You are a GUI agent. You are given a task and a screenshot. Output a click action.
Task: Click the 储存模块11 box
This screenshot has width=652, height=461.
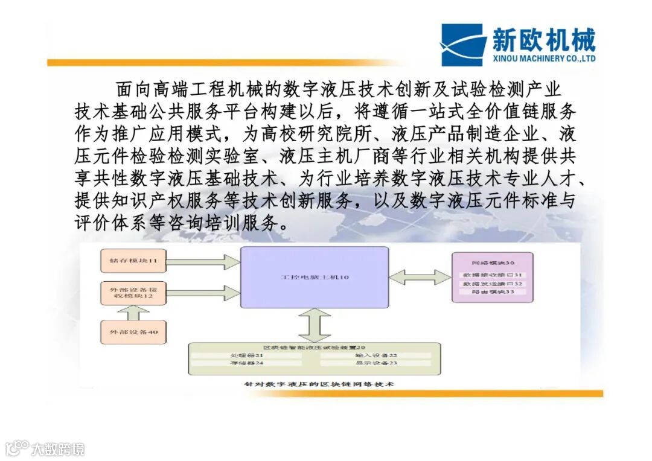(x=133, y=261)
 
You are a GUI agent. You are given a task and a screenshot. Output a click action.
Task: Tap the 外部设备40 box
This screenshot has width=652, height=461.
(x=133, y=332)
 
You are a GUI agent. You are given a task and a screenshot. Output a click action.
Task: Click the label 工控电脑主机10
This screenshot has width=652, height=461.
(x=315, y=277)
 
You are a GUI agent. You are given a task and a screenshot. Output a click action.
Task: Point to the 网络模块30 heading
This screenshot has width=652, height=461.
(x=493, y=263)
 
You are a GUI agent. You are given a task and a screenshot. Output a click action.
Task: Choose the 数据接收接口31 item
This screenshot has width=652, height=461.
(x=493, y=275)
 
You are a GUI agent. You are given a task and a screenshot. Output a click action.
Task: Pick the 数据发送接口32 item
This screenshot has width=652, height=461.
(x=493, y=284)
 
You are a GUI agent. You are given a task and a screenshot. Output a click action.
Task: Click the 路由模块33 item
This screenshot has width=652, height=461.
(x=493, y=292)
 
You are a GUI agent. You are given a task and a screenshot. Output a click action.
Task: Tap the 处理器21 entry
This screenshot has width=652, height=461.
(x=247, y=355)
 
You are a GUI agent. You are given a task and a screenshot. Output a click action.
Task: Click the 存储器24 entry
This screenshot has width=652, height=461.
(x=247, y=363)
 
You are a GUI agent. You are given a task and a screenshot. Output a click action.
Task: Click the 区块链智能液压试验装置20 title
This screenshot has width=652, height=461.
(x=315, y=348)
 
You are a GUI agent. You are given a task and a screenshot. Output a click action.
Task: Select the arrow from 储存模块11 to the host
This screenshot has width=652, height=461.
(x=202, y=261)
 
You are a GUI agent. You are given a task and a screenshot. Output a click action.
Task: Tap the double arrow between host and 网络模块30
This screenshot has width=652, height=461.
(x=419, y=277)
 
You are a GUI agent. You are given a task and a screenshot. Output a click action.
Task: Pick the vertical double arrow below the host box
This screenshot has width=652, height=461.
(x=315, y=325)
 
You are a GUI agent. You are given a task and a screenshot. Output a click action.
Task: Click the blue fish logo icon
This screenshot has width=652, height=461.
(x=461, y=45)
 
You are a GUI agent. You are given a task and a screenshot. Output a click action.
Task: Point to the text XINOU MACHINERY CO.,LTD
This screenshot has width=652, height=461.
(x=543, y=59)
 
